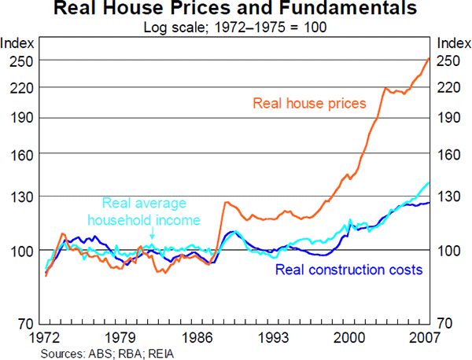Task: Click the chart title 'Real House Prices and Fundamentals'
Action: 236,10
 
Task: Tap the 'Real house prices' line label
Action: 309,103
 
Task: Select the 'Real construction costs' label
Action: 348,270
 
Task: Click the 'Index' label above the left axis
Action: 17,42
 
